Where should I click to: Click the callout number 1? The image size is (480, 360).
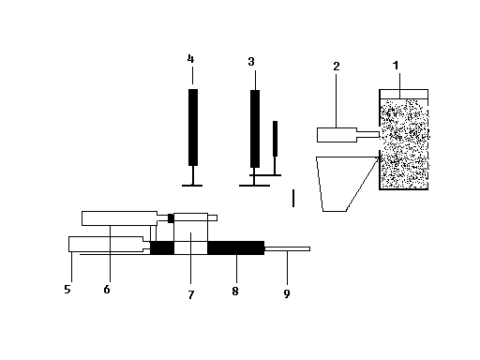click(396, 66)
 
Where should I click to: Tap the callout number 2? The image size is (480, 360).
click(337, 67)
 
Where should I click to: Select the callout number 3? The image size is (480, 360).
click(251, 62)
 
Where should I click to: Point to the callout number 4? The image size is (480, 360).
click(190, 58)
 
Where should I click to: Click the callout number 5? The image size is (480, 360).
click(67, 289)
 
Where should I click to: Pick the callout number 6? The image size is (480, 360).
click(107, 290)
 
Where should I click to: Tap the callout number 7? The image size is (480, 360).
click(191, 294)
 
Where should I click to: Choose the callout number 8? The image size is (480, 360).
click(235, 292)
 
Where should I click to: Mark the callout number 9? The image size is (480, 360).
click(287, 293)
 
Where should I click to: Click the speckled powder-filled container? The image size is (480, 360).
click(404, 143)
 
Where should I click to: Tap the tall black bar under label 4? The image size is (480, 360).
click(193, 127)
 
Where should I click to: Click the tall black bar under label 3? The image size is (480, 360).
click(255, 128)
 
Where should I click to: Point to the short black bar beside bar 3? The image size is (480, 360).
click(275, 139)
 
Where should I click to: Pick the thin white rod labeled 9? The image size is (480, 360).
click(287, 248)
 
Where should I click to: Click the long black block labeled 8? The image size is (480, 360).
click(236, 247)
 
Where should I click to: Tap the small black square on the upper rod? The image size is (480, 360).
click(171, 218)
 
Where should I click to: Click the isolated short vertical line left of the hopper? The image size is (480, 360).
click(293, 198)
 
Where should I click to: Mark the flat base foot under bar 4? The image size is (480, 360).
click(192, 186)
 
